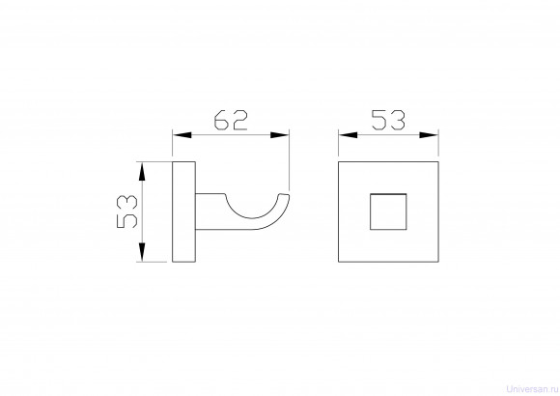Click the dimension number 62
point(231,120)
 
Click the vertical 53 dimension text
point(126,212)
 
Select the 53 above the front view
point(388,120)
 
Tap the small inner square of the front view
point(388,212)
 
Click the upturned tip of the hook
point(284,196)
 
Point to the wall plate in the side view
point(183,212)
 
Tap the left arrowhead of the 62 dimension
point(182,135)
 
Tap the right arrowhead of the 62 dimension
point(280,135)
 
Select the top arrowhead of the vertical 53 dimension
point(142,171)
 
